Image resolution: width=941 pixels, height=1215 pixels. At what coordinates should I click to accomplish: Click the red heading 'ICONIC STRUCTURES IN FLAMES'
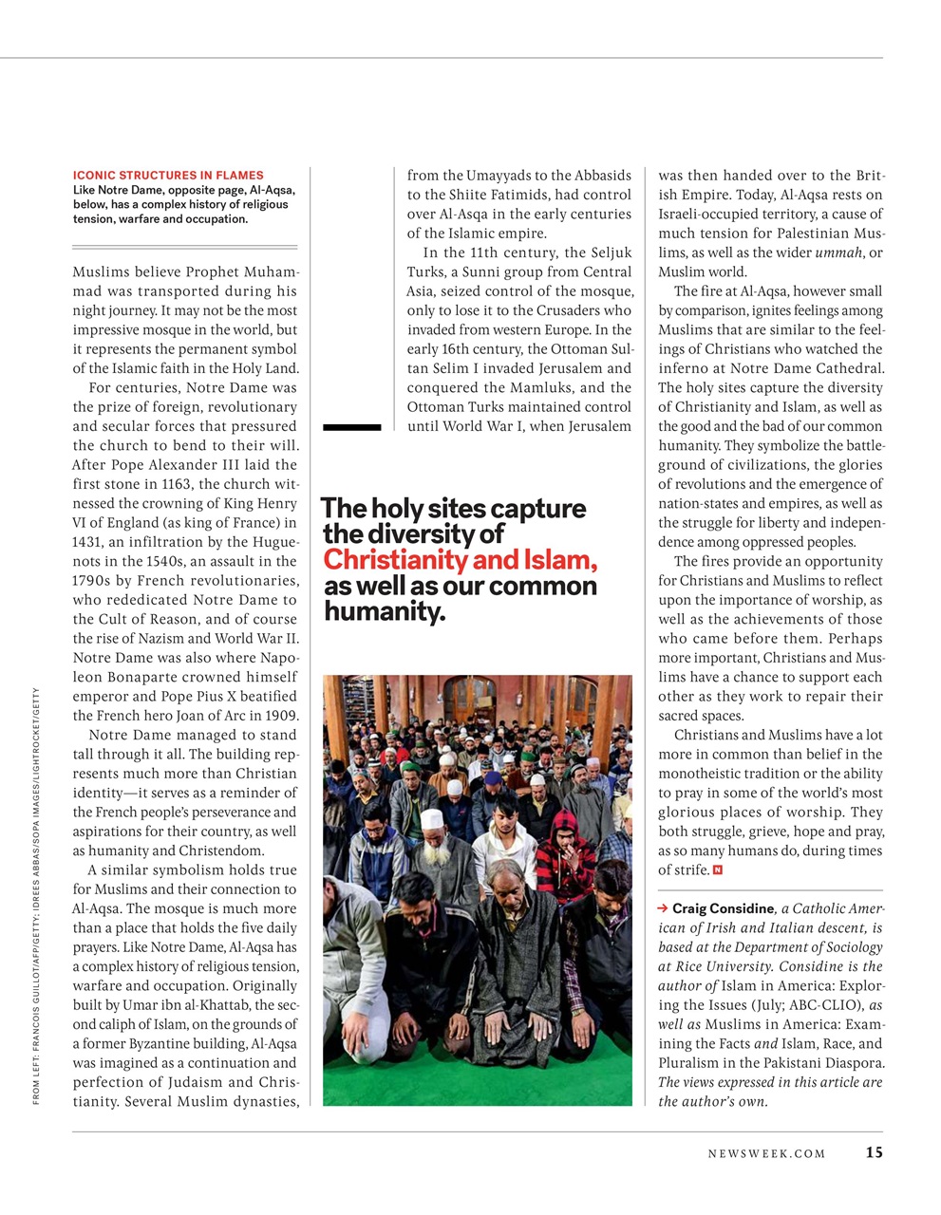tap(168, 175)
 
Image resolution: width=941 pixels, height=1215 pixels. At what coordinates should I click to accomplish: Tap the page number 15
tap(874, 1152)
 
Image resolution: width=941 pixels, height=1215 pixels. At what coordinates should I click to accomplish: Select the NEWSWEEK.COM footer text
tap(766, 1153)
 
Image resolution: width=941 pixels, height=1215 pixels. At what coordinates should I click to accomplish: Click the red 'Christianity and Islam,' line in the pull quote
tap(461, 560)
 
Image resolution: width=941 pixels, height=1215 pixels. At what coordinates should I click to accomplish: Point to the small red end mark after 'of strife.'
tap(718, 870)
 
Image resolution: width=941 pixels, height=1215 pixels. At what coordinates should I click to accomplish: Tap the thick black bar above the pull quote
tap(351, 428)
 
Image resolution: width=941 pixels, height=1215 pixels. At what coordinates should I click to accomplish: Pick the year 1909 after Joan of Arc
tap(280, 716)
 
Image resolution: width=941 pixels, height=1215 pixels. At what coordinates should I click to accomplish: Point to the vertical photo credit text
tap(35, 895)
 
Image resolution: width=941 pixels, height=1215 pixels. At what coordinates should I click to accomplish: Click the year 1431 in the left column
tap(87, 542)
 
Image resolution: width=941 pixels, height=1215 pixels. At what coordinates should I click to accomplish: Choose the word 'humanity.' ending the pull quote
tap(385, 612)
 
